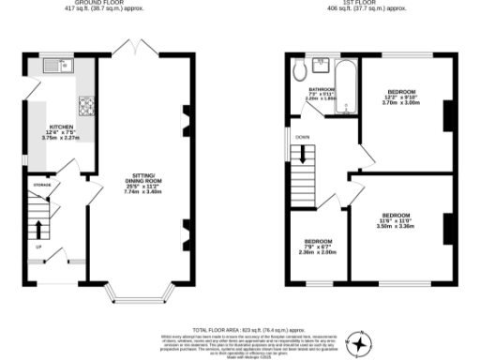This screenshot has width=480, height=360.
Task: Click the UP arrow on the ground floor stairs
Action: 37,229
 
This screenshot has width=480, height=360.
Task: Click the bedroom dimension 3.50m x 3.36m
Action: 395,226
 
